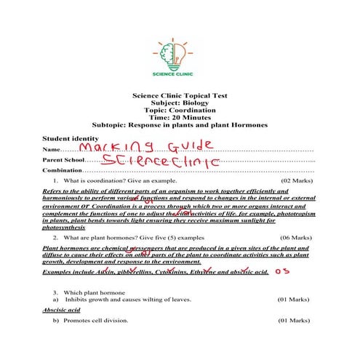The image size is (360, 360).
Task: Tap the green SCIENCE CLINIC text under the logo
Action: [x=179, y=73]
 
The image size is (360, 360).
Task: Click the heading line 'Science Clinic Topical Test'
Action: [x=179, y=95]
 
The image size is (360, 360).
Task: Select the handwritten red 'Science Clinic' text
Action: [x=160, y=160]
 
